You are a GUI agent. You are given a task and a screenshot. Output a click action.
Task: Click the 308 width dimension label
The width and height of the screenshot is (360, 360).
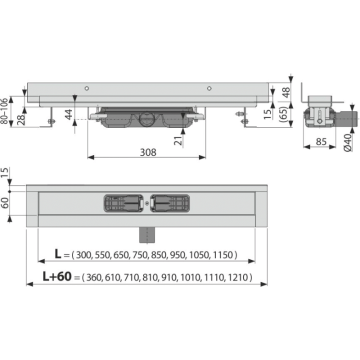tap(148, 152)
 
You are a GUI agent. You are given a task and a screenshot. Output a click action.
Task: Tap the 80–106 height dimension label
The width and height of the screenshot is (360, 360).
tap(4, 111)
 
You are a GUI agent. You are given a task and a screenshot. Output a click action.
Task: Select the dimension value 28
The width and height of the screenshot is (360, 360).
tap(21, 119)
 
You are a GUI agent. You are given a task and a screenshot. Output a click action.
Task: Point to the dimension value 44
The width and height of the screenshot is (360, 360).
tap(68, 114)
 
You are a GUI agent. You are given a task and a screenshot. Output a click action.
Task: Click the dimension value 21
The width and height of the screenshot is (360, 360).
tap(178, 140)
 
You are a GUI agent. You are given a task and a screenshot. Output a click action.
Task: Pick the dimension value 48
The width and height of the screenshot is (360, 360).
tap(286, 92)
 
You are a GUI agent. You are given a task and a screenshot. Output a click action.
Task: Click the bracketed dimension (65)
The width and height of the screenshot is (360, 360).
tap(284, 114)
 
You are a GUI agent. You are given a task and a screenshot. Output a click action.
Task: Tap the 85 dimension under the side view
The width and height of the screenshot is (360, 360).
tap(321, 141)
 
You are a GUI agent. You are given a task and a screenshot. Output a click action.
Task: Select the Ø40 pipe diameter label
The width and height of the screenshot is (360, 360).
tap(348, 143)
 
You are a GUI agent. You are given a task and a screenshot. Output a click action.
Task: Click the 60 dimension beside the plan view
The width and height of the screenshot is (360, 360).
tap(4, 203)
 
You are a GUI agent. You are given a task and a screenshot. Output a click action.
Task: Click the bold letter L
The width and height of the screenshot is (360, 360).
tap(58, 254)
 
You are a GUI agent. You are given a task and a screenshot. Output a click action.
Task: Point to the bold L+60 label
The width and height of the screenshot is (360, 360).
tap(57, 276)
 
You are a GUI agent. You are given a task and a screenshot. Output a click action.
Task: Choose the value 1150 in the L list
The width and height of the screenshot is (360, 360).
tap(223, 255)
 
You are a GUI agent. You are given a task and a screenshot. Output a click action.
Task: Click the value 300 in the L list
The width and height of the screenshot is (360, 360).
tap(83, 255)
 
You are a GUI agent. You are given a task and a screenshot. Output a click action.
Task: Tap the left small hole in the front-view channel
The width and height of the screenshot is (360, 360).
tap(87, 88)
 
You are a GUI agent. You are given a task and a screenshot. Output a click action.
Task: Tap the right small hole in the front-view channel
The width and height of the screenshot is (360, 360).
tap(209, 88)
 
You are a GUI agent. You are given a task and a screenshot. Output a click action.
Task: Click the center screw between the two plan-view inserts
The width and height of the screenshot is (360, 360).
tap(147, 203)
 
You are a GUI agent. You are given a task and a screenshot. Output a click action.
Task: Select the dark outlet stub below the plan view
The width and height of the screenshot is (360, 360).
tap(147, 235)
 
